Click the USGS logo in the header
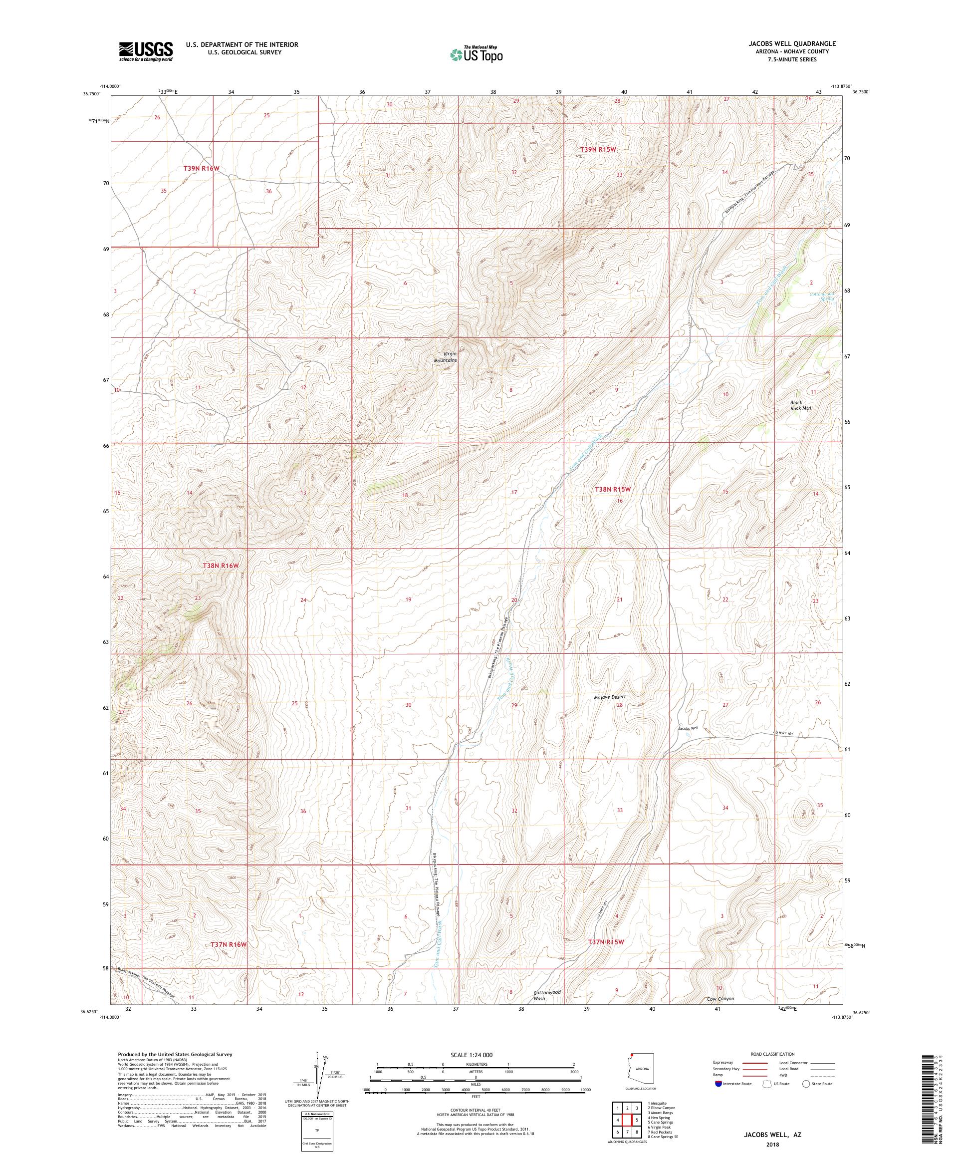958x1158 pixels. pyautogui.click(x=146, y=52)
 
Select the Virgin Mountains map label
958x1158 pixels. pyautogui.click(x=445, y=357)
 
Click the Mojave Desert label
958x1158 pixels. pyautogui.click(x=610, y=697)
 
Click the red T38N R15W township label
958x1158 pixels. pyautogui.click(x=612, y=489)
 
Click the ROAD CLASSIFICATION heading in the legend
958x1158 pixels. pyautogui.click(x=775, y=1054)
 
